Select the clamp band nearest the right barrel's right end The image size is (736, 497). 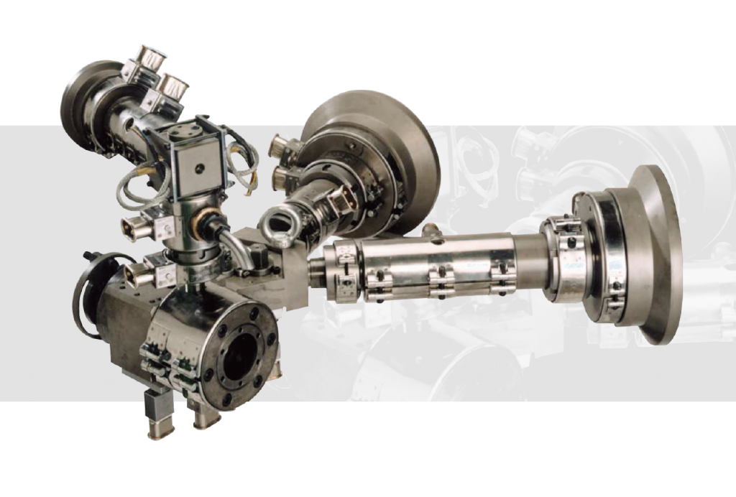tap(501, 277)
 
